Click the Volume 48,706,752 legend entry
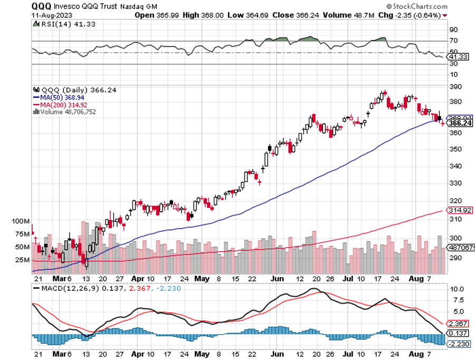click(x=65, y=111)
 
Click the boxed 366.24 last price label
click(x=459, y=123)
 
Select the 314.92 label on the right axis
click(x=459, y=211)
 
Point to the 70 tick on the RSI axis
click(x=453, y=41)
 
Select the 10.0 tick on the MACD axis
click(x=457, y=290)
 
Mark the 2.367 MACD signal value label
click(x=458, y=324)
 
